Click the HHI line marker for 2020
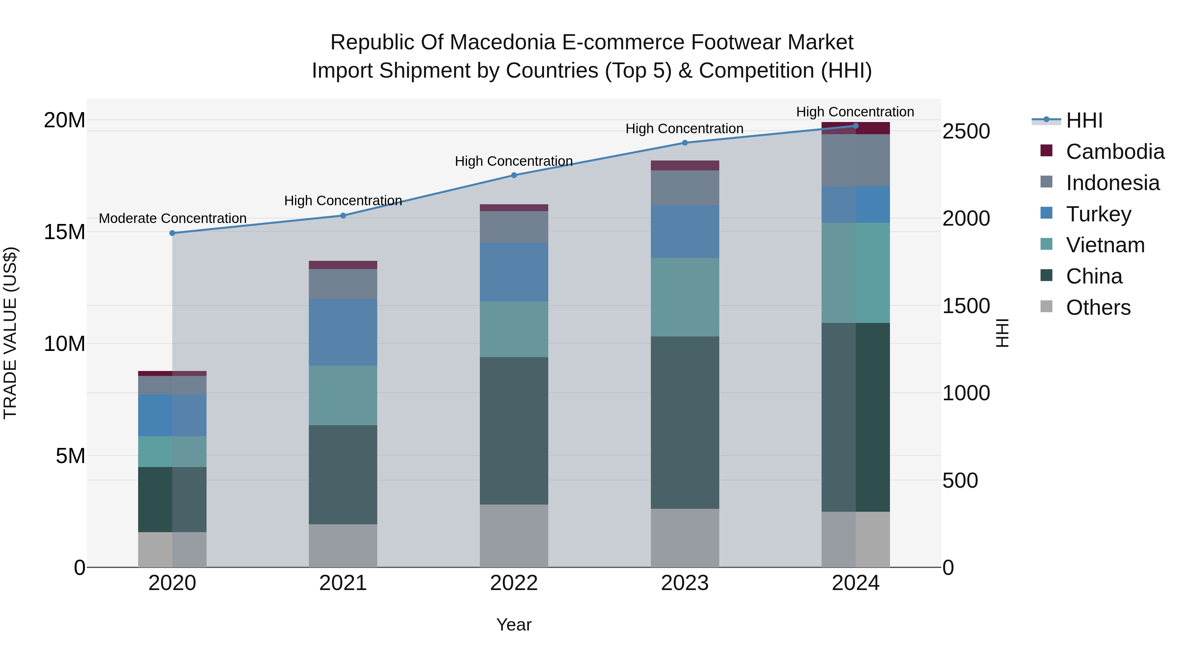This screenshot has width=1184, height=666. tap(172, 233)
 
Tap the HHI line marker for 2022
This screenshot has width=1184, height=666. tap(514, 175)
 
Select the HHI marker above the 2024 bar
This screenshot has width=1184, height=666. tap(855, 126)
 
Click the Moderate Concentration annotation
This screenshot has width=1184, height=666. tap(172, 218)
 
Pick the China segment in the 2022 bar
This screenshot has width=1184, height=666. tap(514, 431)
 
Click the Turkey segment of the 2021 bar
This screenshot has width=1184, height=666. tap(343, 332)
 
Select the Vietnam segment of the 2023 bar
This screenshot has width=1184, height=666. tap(685, 297)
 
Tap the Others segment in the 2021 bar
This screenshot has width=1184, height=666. tap(343, 546)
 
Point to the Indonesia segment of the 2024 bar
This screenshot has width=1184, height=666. tap(855, 160)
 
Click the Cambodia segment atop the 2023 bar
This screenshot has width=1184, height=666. tap(685, 165)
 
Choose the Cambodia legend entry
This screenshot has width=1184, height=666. tap(1115, 152)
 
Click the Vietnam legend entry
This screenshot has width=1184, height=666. tap(1105, 245)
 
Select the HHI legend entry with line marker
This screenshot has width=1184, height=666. tap(1084, 120)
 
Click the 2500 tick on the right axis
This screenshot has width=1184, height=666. tap(966, 132)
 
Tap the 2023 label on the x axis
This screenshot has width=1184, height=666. tap(685, 583)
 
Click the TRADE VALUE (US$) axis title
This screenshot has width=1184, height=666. tap(10, 333)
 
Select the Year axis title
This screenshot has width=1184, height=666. tap(514, 625)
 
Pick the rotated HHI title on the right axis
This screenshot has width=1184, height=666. tap(1002, 333)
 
